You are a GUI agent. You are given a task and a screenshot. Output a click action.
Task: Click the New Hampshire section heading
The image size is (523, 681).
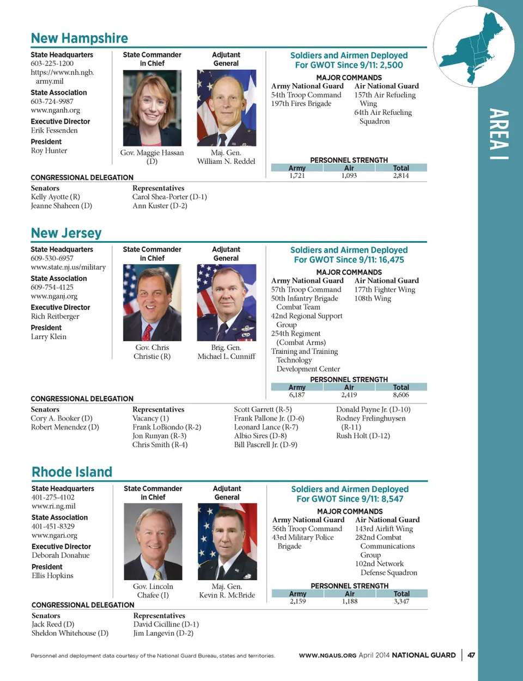click(x=80, y=38)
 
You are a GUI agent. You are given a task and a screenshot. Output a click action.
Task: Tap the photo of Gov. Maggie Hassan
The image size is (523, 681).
click(x=152, y=108)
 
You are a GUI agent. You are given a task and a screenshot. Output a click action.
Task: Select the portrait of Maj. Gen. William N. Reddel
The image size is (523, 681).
click(x=226, y=108)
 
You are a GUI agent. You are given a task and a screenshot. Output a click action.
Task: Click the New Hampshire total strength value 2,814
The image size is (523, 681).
click(x=401, y=176)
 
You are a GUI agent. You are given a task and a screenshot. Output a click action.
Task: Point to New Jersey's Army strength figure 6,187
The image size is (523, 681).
click(x=297, y=395)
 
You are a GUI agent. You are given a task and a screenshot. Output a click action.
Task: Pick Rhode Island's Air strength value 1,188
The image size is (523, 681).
click(x=350, y=602)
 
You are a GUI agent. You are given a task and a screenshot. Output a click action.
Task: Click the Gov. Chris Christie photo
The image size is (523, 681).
click(x=152, y=303)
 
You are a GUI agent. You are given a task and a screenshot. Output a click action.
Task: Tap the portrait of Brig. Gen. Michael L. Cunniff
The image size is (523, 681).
click(x=226, y=303)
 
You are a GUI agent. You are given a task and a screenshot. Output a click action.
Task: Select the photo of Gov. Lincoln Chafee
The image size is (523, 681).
click(x=153, y=541)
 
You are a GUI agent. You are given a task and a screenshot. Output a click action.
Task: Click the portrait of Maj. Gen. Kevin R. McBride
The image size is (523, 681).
click(x=227, y=541)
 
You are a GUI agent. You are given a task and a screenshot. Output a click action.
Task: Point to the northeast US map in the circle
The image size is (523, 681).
click(x=475, y=47)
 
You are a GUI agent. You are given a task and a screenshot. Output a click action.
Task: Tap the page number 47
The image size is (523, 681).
click(x=471, y=655)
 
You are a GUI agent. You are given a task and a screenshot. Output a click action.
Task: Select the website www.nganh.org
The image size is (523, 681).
click(x=55, y=111)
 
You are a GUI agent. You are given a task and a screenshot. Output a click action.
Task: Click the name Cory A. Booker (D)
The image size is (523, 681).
click(x=62, y=419)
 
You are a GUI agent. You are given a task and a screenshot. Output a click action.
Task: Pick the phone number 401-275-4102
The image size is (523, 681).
click(x=53, y=498)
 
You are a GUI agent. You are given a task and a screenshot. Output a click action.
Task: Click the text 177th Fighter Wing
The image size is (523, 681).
click(x=385, y=290)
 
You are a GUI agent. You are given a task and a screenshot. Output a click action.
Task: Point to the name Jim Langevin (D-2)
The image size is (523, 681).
click(x=163, y=633)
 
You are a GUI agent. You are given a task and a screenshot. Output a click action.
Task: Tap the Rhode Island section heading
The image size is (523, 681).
click(x=72, y=472)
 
